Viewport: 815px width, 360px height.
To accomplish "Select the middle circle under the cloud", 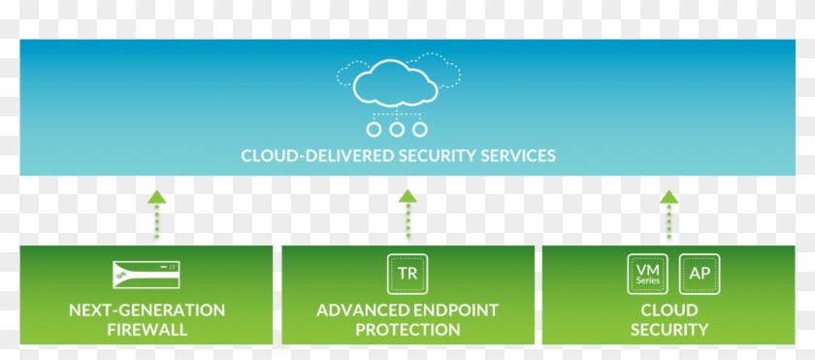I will tap(396, 129).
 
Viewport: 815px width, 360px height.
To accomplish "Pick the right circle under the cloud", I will tap(419, 129).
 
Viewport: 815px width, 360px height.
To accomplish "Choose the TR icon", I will tap(407, 274).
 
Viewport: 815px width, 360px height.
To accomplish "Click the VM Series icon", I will tap(647, 274).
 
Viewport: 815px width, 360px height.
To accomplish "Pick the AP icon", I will tap(700, 274).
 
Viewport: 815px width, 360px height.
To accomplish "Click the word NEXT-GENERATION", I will tap(147, 311).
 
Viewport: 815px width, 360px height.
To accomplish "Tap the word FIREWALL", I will tap(147, 330).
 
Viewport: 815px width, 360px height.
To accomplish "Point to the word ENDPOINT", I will tap(455, 311).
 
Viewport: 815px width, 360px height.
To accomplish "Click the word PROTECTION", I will tap(407, 330).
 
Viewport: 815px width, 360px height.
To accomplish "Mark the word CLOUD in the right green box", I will tap(669, 311).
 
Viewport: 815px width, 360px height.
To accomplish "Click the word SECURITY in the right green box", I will tap(669, 330).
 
